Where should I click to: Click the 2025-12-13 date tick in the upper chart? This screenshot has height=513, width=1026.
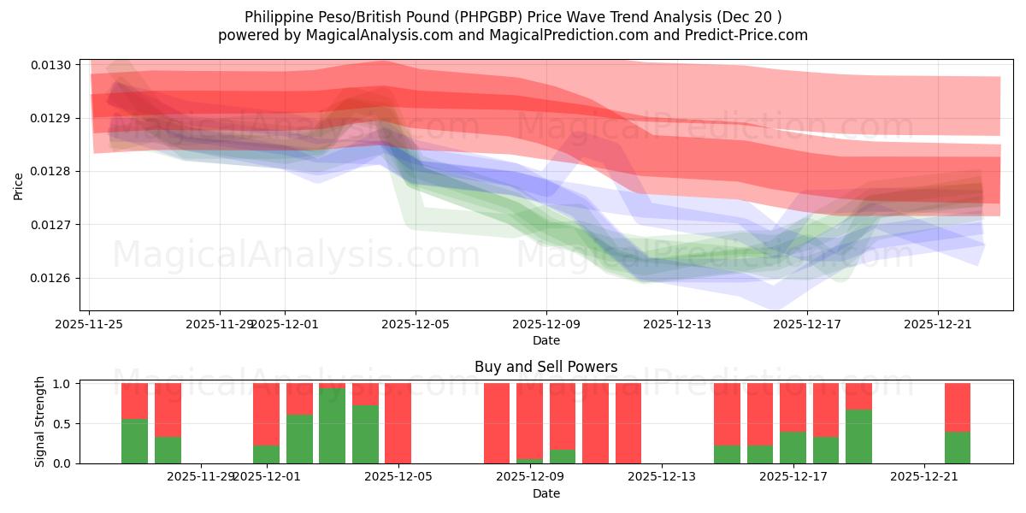(x=676, y=324)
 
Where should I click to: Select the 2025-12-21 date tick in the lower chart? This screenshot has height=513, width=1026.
(x=924, y=477)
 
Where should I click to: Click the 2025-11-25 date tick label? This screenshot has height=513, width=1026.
(x=90, y=324)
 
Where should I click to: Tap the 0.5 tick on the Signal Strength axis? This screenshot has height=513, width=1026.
(x=64, y=424)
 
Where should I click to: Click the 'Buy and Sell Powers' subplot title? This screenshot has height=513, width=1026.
(x=545, y=367)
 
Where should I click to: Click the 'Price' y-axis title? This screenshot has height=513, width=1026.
(x=19, y=186)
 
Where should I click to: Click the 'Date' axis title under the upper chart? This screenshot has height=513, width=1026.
(x=545, y=340)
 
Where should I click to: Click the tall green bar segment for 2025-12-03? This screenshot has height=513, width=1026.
(x=332, y=426)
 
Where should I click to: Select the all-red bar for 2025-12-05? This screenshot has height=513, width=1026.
(x=398, y=423)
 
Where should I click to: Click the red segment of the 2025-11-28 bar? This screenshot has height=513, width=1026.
(x=168, y=410)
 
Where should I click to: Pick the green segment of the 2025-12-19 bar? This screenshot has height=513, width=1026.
(x=858, y=436)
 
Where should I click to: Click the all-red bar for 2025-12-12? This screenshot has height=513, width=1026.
(x=628, y=423)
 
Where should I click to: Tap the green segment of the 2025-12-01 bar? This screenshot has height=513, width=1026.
(x=266, y=454)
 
